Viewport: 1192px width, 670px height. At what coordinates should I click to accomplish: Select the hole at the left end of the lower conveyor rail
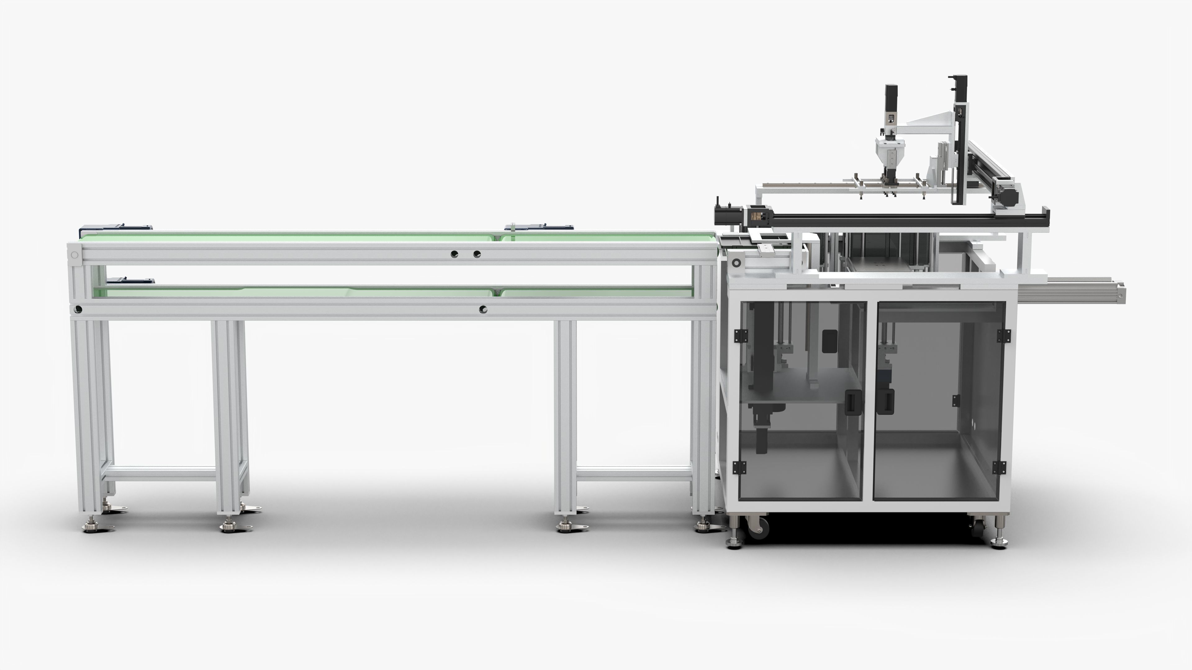79,309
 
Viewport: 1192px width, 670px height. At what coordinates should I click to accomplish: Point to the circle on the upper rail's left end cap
75,255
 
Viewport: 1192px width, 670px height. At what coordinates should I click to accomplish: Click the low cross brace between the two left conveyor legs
160,474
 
